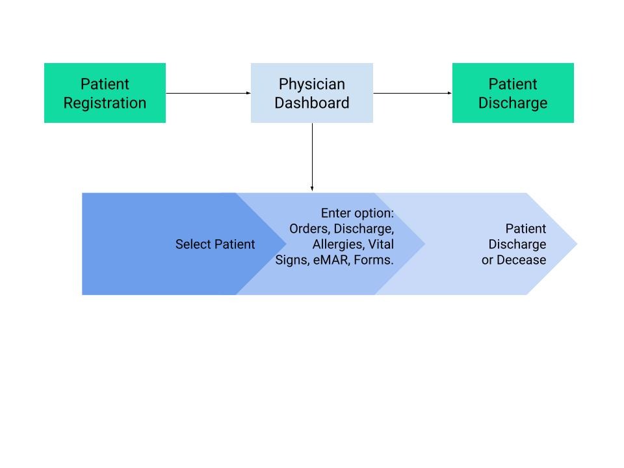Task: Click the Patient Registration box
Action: point(105,93)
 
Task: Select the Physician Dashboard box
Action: point(311,93)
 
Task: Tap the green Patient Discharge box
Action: point(512,93)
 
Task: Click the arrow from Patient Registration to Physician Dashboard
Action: point(208,93)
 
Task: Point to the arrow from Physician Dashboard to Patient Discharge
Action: point(412,93)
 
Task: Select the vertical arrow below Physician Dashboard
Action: point(312,157)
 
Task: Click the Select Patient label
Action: point(215,244)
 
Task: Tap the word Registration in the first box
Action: point(105,103)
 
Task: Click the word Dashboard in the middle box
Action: point(311,103)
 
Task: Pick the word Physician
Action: point(311,84)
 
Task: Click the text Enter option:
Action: point(357,213)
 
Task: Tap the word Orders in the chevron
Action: point(308,229)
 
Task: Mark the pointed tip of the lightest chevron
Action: point(575,244)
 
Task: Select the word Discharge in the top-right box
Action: point(512,103)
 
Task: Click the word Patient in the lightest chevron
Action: point(525,229)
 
